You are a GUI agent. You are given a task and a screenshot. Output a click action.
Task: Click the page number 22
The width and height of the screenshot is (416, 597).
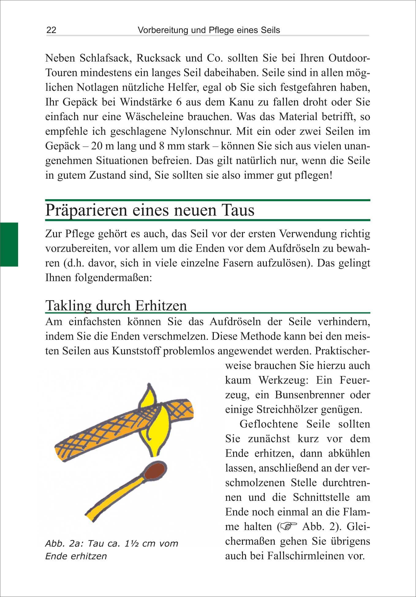(x=51, y=30)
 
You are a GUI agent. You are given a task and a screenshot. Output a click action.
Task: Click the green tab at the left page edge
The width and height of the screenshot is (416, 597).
(x=9, y=244)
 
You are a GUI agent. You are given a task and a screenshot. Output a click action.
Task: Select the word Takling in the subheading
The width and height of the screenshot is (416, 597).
(x=68, y=306)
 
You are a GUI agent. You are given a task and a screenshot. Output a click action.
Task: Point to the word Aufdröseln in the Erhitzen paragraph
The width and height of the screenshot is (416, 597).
(x=235, y=322)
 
